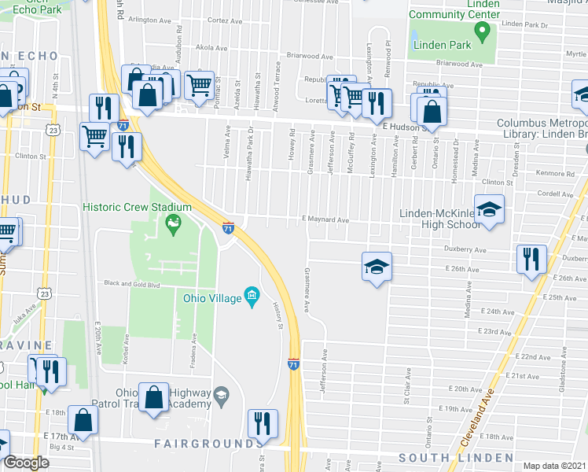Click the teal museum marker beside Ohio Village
252,297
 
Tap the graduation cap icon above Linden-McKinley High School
489,209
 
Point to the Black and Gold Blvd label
133,284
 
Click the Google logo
26,463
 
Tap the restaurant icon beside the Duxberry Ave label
531,258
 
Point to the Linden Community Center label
454,9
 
